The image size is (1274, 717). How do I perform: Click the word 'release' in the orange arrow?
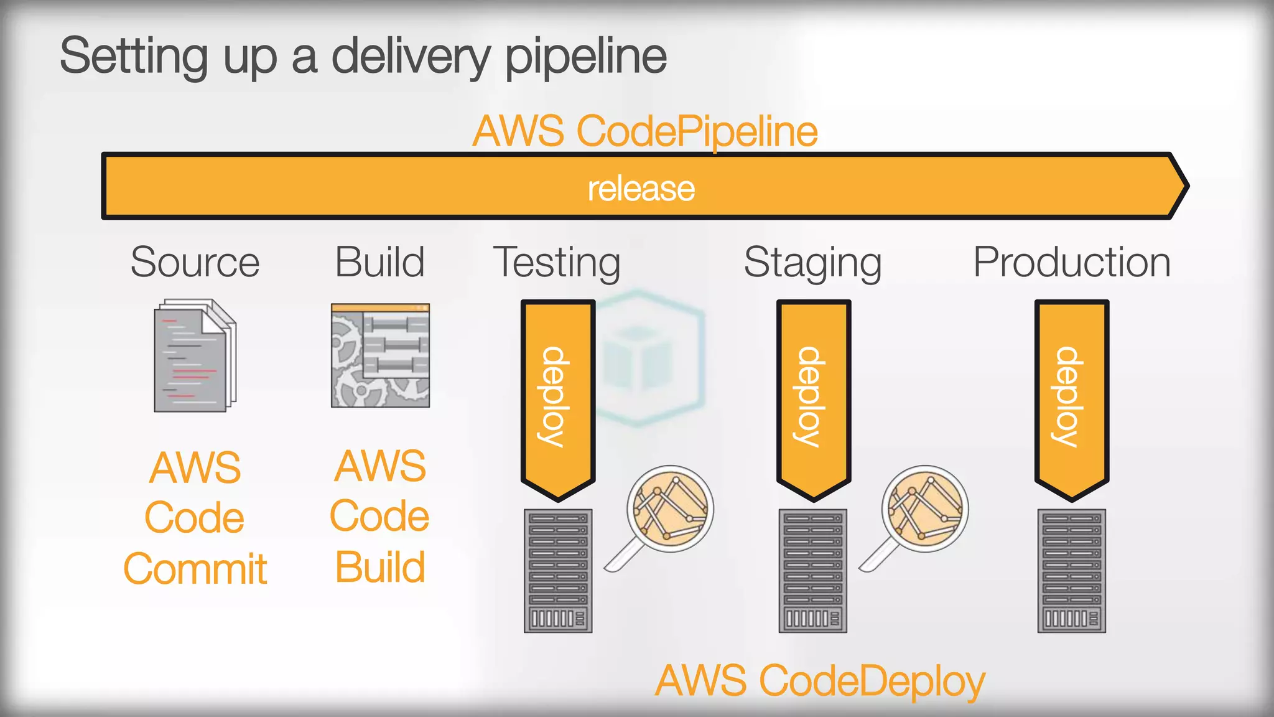[x=641, y=189]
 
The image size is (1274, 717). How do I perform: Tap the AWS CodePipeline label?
[x=644, y=131]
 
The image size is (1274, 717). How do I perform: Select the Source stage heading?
[x=195, y=262]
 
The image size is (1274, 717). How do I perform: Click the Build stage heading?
[x=379, y=262]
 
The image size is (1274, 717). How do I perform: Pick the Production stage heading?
[x=1071, y=262]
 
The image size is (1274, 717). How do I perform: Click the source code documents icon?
[x=195, y=355]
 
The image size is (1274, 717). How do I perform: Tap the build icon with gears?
[x=380, y=355]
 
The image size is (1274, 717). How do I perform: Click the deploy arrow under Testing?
[x=557, y=398]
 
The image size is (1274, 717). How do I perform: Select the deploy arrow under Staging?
[x=813, y=398]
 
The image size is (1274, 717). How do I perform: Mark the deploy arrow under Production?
[x=1071, y=398]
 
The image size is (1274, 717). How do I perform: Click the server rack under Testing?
[x=558, y=571]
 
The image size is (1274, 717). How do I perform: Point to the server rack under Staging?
[x=813, y=571]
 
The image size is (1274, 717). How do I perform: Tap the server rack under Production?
[x=1071, y=571]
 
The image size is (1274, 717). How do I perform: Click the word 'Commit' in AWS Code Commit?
[x=195, y=569]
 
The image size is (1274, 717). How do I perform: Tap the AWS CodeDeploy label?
[x=820, y=681]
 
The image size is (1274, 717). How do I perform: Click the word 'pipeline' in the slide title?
[x=585, y=57]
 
